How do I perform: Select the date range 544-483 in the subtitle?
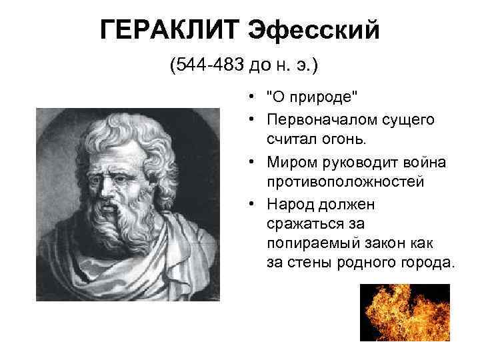207,66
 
